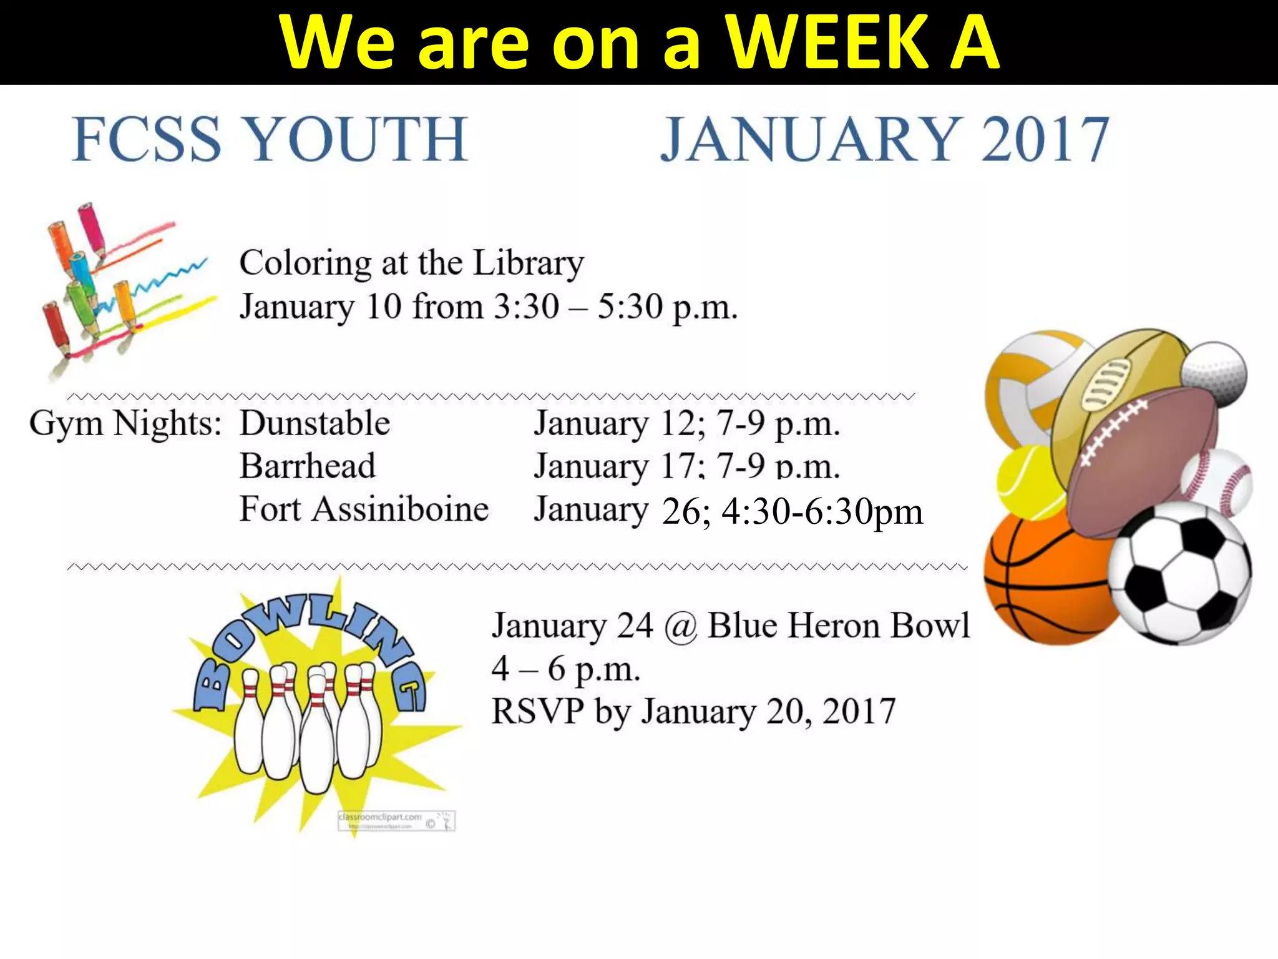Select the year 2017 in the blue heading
tap(1045, 140)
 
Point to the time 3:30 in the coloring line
tap(526, 307)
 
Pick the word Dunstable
tap(315, 423)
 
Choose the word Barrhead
tap(308, 466)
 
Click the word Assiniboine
tap(400, 509)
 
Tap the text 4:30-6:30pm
tap(822, 513)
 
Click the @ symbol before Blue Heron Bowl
tap(680, 626)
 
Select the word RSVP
tap(537, 712)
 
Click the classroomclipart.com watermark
tap(396, 820)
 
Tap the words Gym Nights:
tap(125, 423)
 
